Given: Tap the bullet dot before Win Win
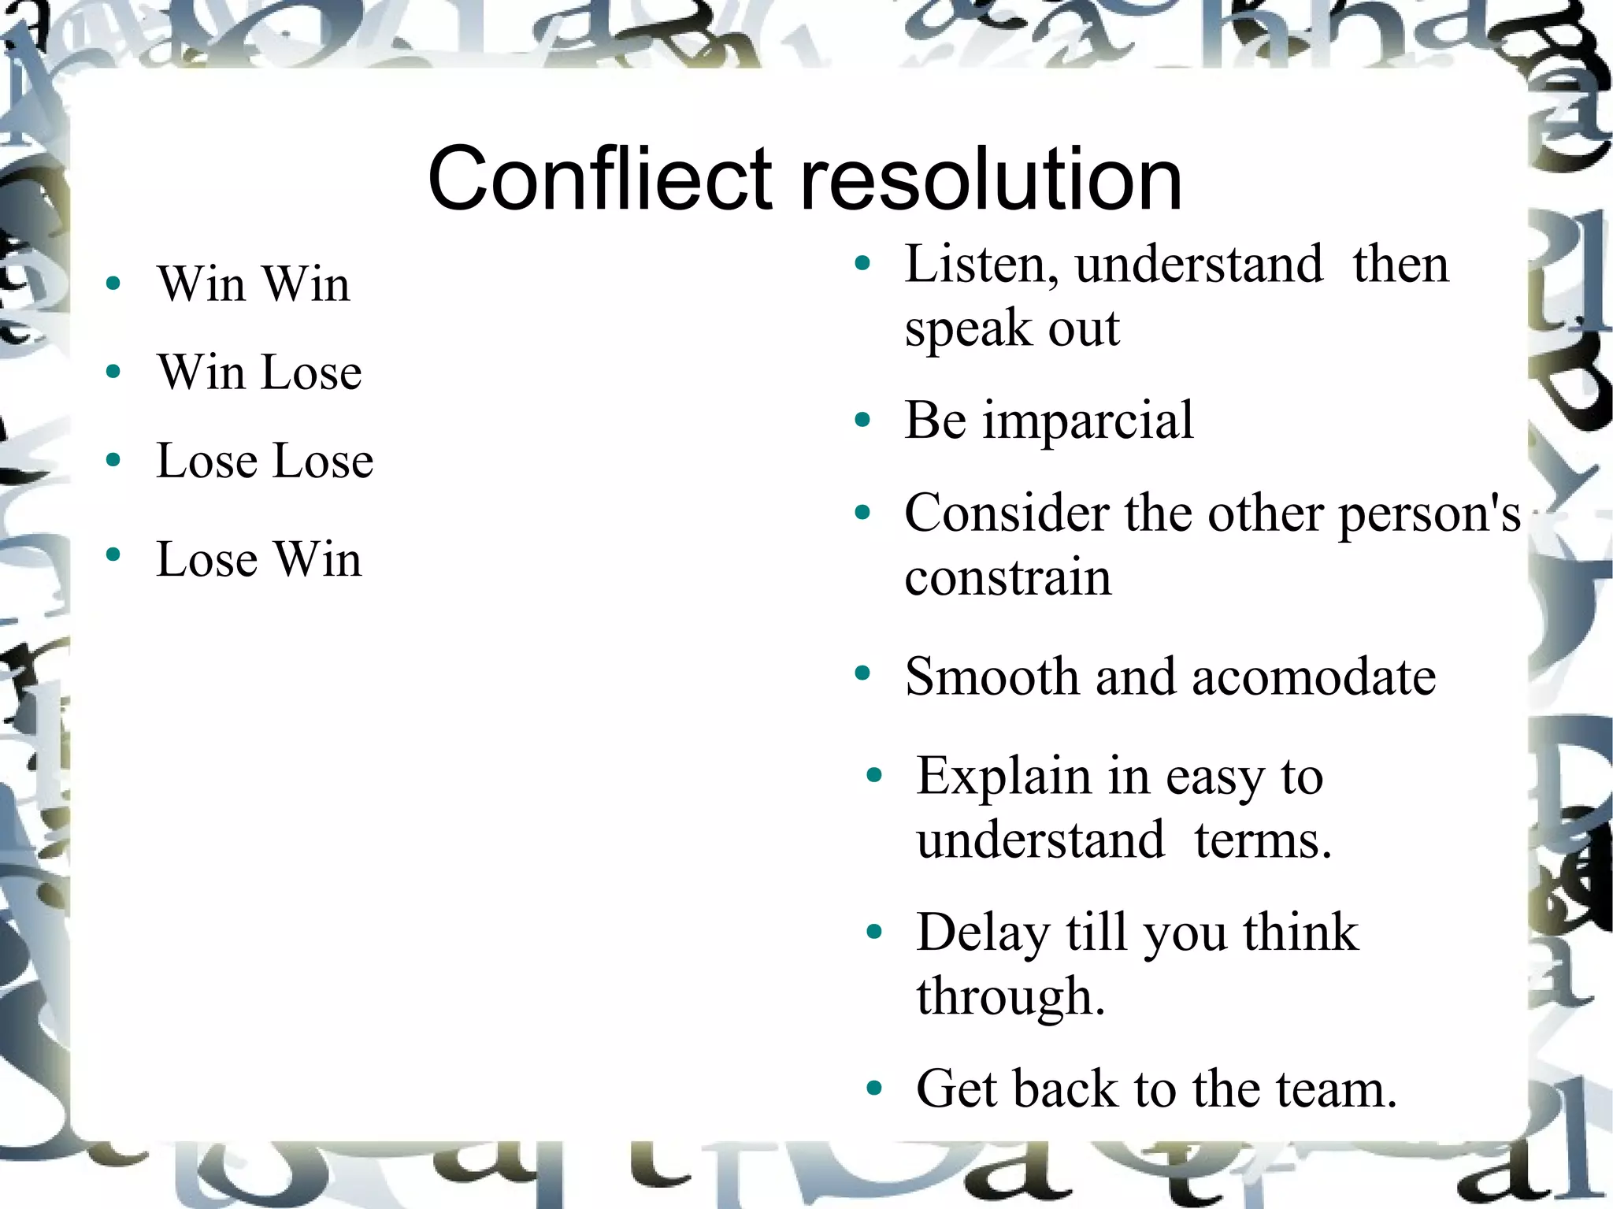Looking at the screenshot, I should (113, 284).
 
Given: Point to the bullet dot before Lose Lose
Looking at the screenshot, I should (113, 460).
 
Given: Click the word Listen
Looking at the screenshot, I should (980, 265).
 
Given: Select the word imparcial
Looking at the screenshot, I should (1088, 421).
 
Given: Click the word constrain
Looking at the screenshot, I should (1007, 577).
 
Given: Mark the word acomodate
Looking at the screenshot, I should (1314, 677).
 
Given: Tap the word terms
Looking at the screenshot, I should (1262, 840).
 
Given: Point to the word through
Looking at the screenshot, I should (1010, 997).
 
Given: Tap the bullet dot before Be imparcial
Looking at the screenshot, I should (863, 421).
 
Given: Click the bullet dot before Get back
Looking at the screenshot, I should (874, 1089).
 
